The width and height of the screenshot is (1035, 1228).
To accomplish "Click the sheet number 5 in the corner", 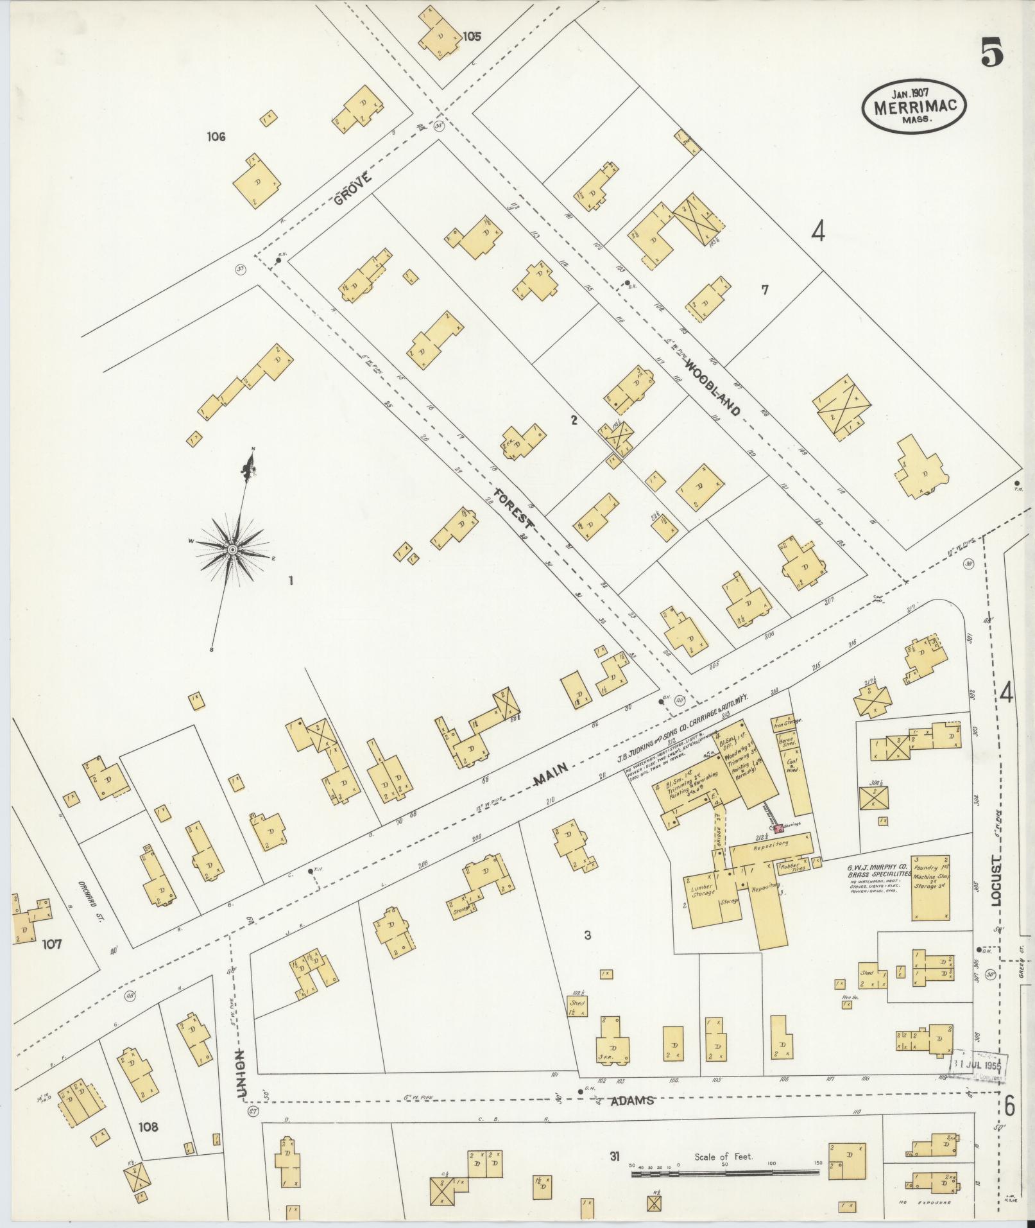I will pos(991,52).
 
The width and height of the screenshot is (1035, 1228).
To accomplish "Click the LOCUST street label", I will pos(995,879).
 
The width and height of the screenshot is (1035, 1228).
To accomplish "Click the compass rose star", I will pos(232,550).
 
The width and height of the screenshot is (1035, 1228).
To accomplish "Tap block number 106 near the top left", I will pos(216,136).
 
